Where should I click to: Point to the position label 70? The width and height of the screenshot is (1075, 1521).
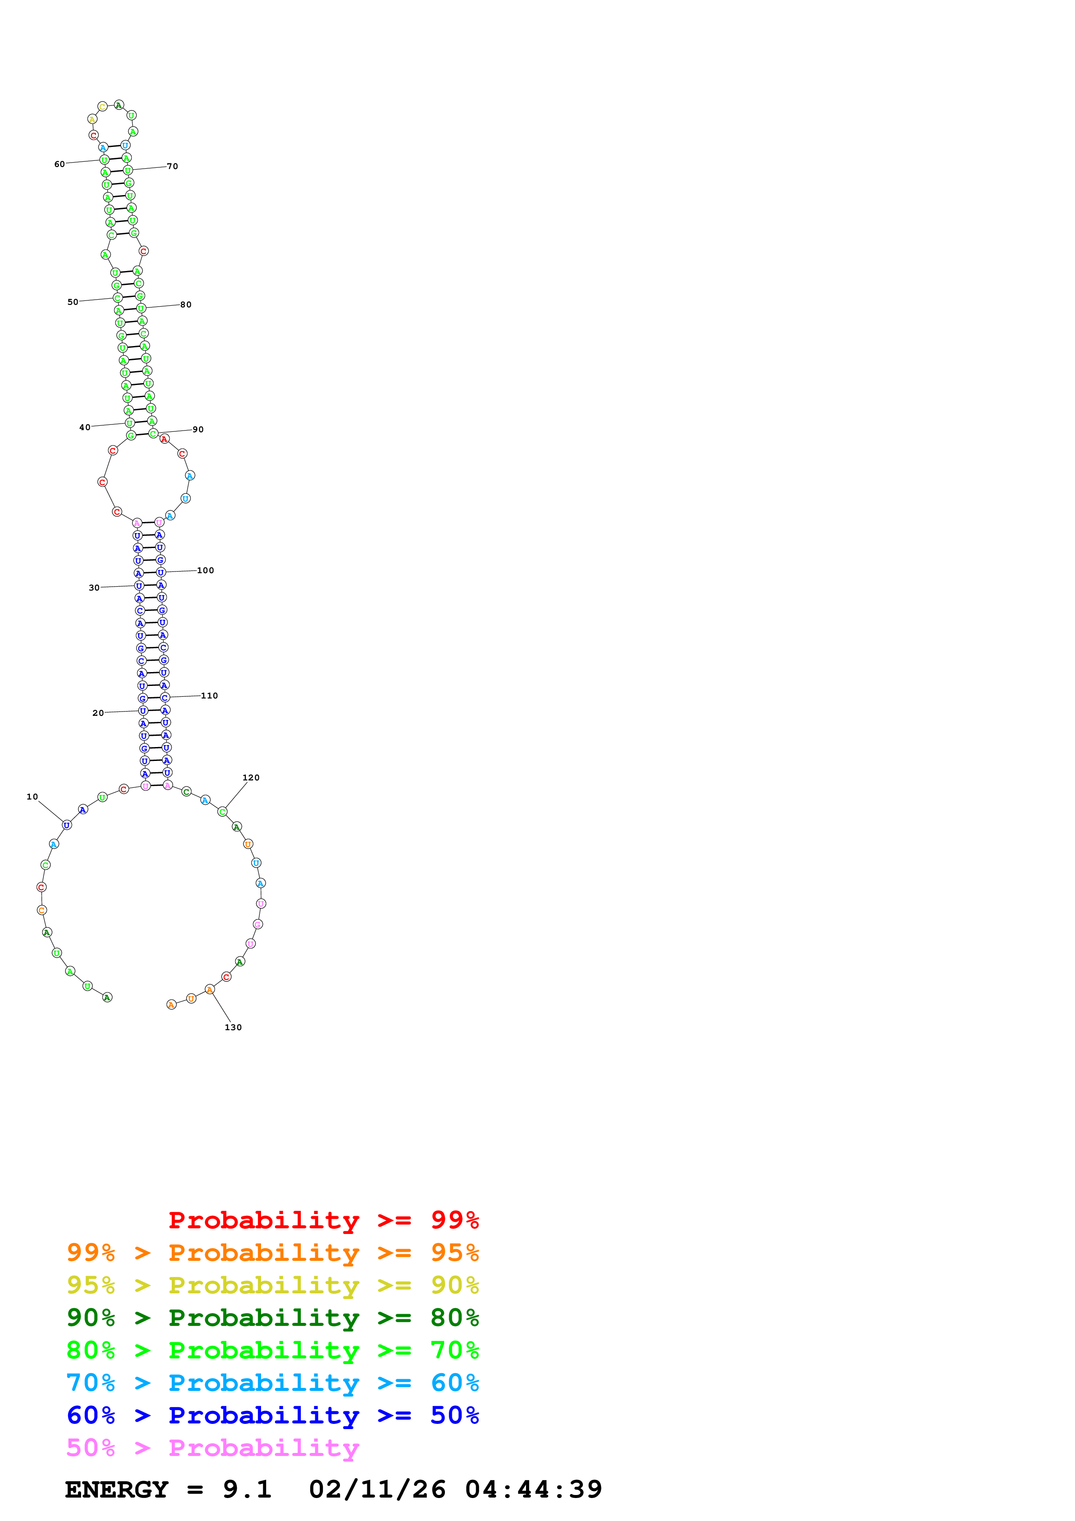[172, 166]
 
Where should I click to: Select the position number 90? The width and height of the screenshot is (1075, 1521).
[198, 429]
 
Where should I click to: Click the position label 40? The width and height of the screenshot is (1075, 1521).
[85, 427]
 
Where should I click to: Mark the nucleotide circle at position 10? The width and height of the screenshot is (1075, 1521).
[67, 825]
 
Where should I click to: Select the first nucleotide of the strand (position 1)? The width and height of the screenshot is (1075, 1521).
[107, 997]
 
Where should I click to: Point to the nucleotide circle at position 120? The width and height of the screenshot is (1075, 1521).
[222, 812]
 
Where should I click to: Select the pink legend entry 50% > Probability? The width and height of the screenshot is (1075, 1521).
[212, 1447]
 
